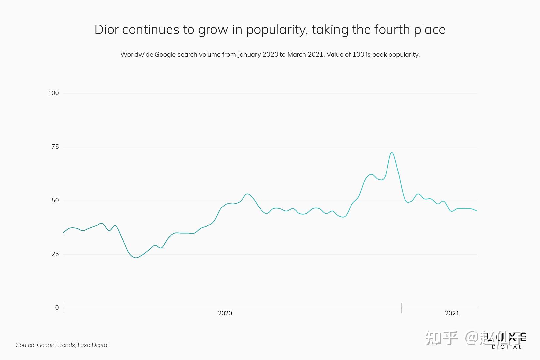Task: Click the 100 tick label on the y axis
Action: pos(53,93)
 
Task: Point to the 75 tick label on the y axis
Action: pos(55,147)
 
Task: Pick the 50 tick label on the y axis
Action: pos(55,200)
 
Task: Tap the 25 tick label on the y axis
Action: pos(55,254)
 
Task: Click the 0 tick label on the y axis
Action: pos(57,308)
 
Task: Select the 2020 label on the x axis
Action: pos(225,313)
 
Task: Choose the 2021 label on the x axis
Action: pos(452,313)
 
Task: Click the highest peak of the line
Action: pos(391,153)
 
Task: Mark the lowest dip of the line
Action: pos(136,258)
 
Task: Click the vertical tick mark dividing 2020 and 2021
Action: pos(402,308)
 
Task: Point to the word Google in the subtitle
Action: pos(165,55)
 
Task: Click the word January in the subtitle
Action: pos(249,55)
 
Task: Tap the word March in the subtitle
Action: pos(296,55)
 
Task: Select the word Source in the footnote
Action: pos(25,345)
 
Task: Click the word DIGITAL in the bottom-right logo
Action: pos(506,347)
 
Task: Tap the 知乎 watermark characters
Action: pos(441,338)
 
